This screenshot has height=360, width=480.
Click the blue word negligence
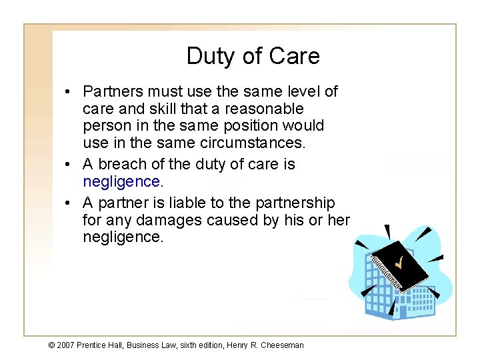coord(121,181)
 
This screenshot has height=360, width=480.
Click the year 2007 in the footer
coord(65,345)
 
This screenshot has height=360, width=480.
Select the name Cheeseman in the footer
coord(282,345)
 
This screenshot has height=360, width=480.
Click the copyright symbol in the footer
coord(52,345)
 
